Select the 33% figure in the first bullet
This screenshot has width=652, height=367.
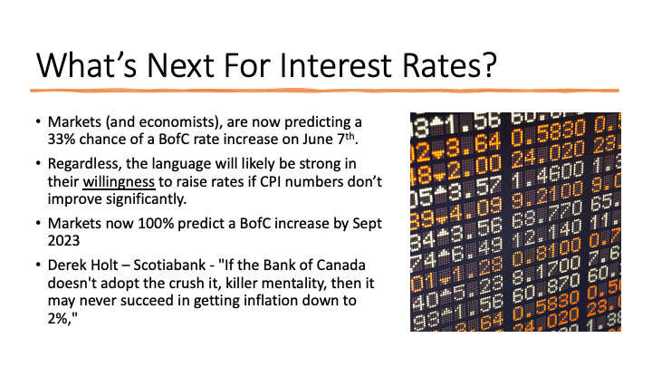click(62, 139)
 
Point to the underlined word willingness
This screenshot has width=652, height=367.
click(119, 182)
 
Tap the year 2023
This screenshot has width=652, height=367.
click(63, 240)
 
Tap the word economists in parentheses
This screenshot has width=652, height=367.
click(177, 122)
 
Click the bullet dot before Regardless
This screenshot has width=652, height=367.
click(39, 163)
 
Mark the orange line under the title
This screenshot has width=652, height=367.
click(325, 91)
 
